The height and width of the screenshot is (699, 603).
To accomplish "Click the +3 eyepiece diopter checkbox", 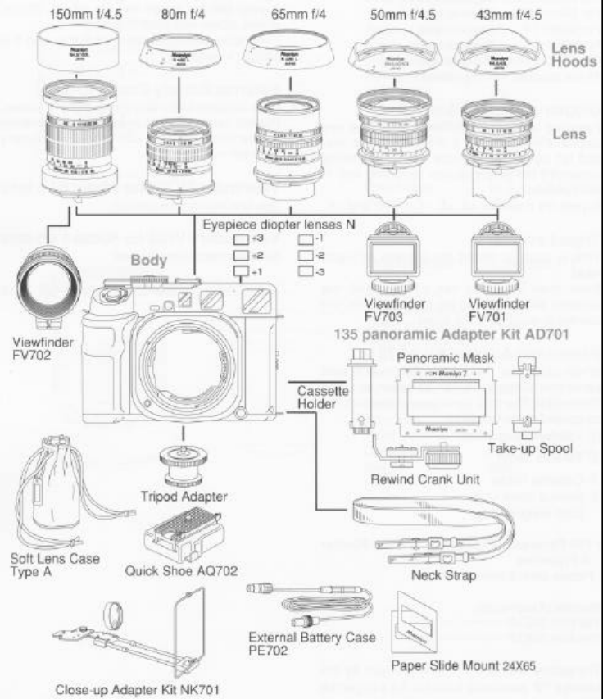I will point(241,240).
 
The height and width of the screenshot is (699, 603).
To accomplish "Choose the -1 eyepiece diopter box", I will point(305,240).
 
